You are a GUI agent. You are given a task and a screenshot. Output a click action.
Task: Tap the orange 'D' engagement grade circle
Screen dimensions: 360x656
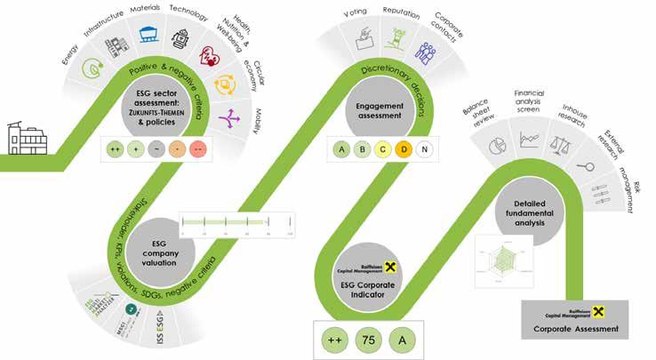coord(404,149)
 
